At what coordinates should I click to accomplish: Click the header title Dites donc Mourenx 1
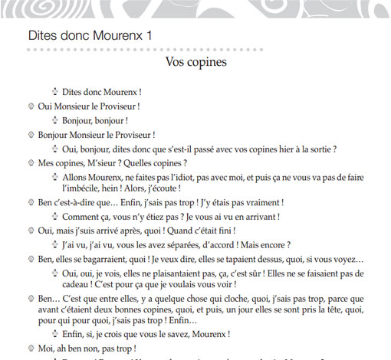pyautogui.click(x=90, y=35)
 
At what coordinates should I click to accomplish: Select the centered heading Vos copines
pyautogui.click(x=195, y=62)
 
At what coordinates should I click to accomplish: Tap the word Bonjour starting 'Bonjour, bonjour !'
pyautogui.click(x=79, y=120)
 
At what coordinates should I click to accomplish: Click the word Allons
pyautogui.click(x=77, y=177)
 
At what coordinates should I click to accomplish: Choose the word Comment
pyautogui.click(x=83, y=217)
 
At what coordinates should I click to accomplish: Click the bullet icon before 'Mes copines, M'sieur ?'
pyautogui.click(x=31, y=163)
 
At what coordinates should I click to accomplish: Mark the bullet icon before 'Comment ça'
pyautogui.click(x=55, y=217)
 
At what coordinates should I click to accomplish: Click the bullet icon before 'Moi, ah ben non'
pyautogui.click(x=31, y=349)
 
